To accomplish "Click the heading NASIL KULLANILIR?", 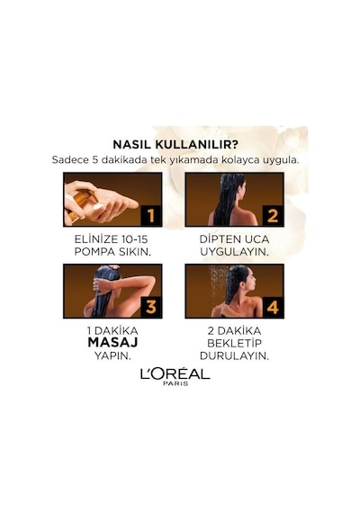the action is (175, 145).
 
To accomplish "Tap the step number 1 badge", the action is (150, 216).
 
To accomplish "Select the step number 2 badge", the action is (273, 216).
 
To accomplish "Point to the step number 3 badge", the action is (150, 307).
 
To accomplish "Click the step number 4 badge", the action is (273, 307).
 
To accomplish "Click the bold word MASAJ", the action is (112, 343).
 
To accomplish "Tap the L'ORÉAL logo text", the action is (175, 373).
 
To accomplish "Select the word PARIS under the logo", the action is (175, 383).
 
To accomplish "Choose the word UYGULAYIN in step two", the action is (234, 252).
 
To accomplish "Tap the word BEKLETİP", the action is (234, 343).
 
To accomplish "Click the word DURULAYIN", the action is (234, 356).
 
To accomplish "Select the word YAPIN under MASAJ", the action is (112, 356).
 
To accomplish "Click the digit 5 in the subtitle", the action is (94, 160).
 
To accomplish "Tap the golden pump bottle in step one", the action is (79, 205).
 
